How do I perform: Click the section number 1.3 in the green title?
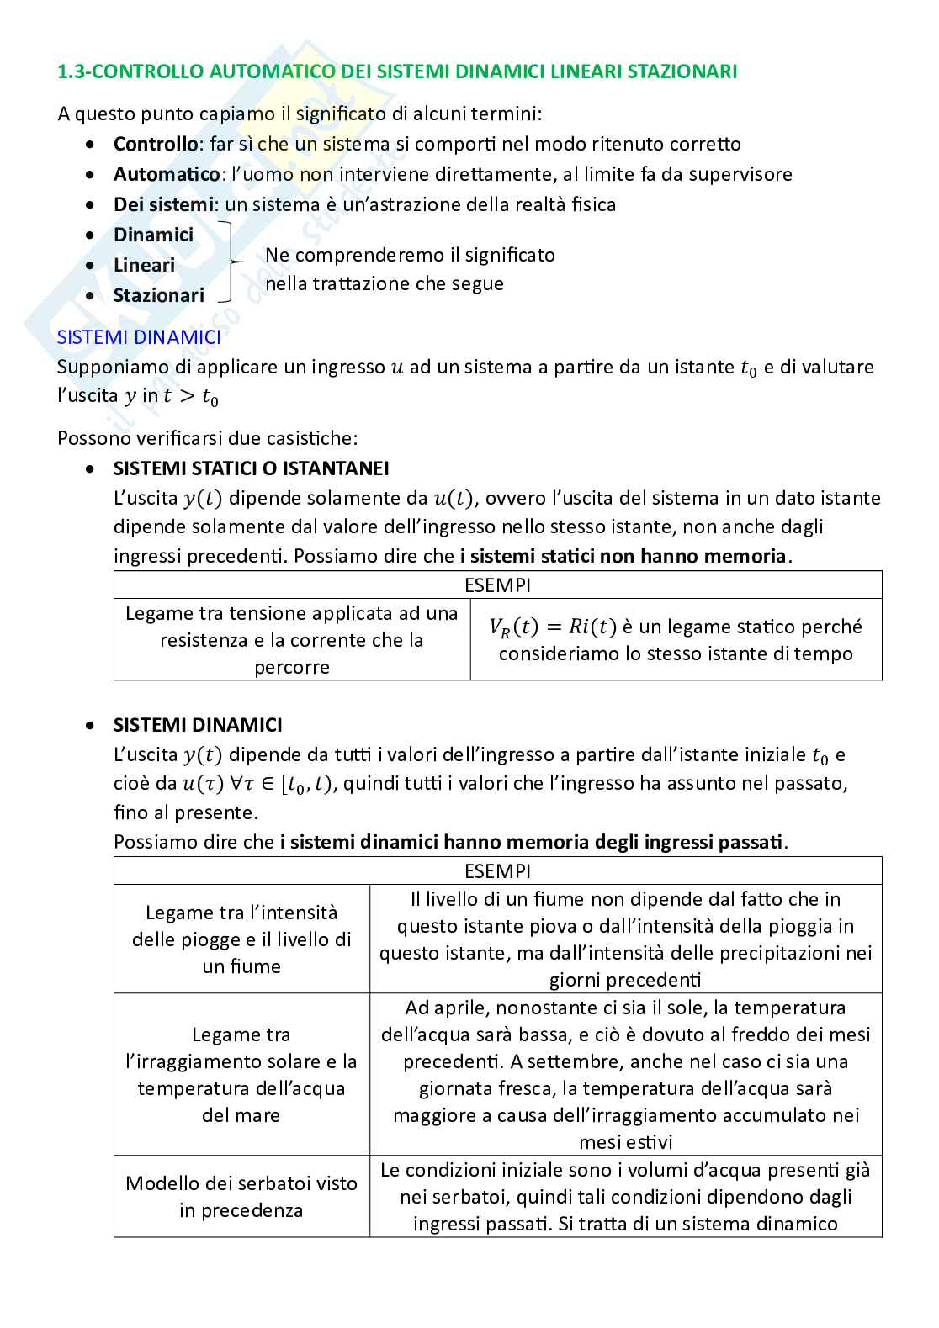point(70,71)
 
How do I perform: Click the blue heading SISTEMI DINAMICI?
point(139,336)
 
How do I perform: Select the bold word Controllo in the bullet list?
point(155,144)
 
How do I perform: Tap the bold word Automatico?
point(166,174)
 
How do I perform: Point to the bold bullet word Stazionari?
point(158,295)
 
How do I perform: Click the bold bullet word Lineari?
point(144,265)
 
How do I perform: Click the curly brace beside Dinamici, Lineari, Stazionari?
point(228,262)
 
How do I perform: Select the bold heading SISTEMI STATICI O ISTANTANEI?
point(251,468)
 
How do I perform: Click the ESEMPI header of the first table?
point(497,585)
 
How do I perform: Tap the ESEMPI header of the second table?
point(497,871)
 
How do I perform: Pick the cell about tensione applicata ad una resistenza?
point(291,639)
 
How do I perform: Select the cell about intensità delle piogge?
point(241,939)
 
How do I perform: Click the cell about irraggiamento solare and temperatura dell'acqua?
point(241,1075)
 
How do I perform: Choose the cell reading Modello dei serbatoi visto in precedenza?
point(241,1196)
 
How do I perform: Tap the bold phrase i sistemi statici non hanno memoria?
point(623,556)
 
